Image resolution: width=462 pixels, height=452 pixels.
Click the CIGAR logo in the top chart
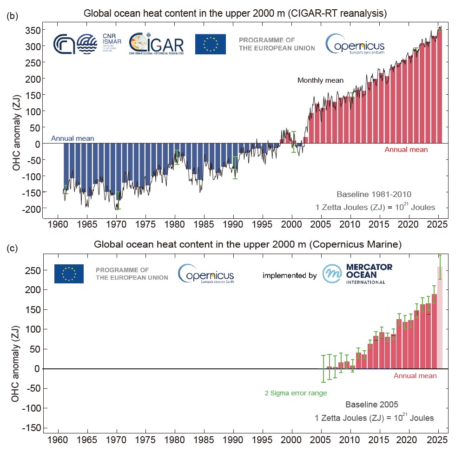coord(156,44)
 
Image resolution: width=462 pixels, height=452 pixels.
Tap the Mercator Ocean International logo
coord(358,274)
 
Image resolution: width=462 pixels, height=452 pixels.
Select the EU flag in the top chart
coord(211,44)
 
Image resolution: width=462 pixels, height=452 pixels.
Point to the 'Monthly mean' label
coord(320,80)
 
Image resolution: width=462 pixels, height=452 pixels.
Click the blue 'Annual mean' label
coord(73,138)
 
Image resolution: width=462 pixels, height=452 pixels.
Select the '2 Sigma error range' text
coord(296,393)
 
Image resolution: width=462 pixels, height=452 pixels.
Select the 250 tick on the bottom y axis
coord(33,270)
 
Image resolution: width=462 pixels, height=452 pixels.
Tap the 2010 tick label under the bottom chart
coord(350,439)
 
